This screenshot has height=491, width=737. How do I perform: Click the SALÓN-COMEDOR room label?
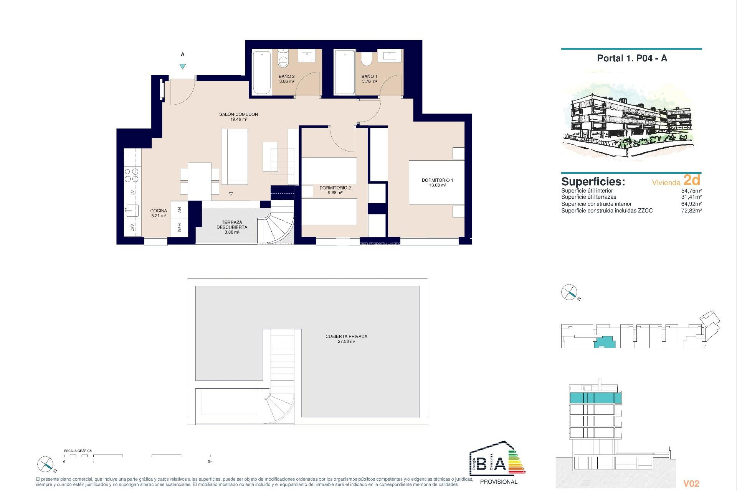[238, 114]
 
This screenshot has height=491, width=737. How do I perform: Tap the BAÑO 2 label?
[286, 76]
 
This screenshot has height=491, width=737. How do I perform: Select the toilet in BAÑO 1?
[367, 59]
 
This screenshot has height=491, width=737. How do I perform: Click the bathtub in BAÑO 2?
[262, 72]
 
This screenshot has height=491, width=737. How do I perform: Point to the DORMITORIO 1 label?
[437, 180]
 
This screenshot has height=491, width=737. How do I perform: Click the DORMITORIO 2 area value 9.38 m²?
[335, 193]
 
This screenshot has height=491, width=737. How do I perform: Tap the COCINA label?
[159, 211]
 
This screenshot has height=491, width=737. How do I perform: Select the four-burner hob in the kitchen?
[132, 175]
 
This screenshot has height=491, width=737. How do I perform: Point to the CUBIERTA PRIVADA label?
[346, 336]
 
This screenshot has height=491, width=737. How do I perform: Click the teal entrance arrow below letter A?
[183, 66]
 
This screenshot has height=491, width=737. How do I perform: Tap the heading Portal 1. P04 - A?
[632, 58]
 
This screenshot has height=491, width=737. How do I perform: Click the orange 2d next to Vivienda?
[692, 180]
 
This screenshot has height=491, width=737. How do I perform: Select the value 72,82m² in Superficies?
[691, 211]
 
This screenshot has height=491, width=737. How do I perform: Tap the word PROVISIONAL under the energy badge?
[499, 482]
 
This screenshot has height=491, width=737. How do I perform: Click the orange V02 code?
[691, 484]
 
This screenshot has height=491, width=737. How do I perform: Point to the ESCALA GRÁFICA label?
[78, 451]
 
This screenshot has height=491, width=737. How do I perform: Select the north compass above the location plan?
[569, 292]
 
